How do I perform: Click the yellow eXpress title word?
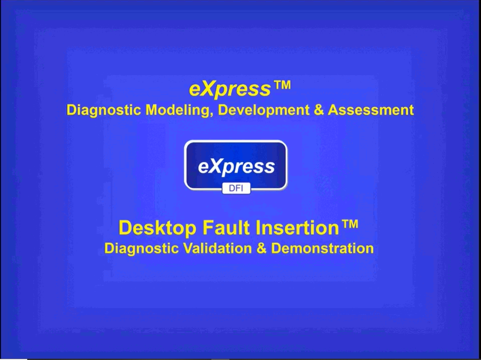(230, 89)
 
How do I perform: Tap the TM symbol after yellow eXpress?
(282, 85)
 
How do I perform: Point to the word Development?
(264, 110)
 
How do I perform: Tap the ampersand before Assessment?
(319, 110)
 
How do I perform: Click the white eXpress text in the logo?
(236, 167)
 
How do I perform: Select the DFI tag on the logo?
(236, 188)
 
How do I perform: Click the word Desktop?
(157, 228)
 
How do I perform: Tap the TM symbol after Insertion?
(350, 224)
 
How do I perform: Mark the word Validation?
(217, 248)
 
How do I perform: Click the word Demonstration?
(322, 248)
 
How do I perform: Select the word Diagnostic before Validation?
(141, 249)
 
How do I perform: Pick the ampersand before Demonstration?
(261, 248)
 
